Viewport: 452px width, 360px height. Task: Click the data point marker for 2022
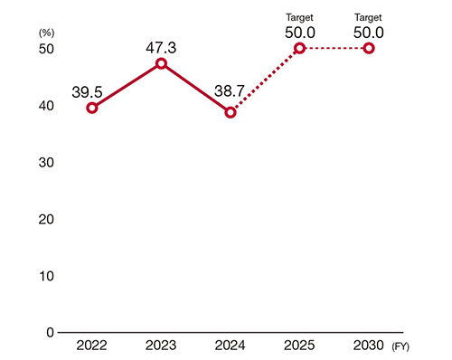pos(92,108)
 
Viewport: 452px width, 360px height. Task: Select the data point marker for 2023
pos(161,63)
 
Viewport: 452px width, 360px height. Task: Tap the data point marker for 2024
pos(231,112)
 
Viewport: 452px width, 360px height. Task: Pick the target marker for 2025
pos(299,48)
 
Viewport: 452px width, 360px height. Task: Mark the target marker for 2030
pos(369,48)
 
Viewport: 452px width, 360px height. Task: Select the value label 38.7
pos(231,93)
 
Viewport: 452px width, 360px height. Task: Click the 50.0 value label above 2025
pos(299,31)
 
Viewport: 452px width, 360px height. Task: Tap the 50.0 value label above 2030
pos(369,31)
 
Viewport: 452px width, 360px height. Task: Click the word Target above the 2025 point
pos(299,16)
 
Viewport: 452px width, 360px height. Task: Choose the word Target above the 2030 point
pos(369,16)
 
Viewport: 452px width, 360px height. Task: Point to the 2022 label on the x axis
pos(92,346)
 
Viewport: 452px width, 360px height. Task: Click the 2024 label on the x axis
pos(231,346)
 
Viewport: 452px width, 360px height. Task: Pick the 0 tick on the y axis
pos(49,332)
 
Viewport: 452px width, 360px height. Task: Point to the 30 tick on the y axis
pos(45,162)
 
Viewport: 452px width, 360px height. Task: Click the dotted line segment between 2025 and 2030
pos(334,48)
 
